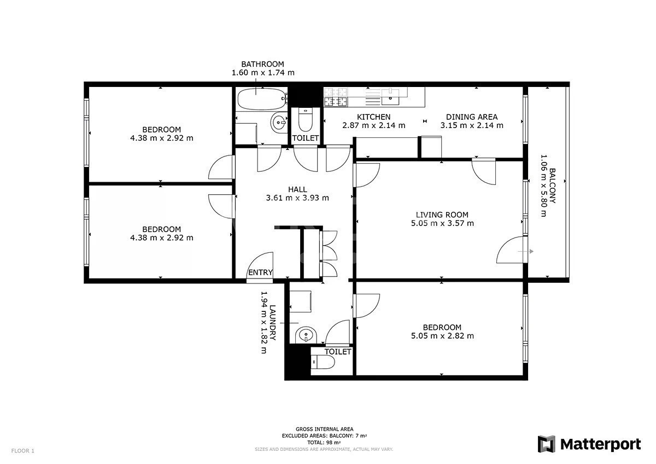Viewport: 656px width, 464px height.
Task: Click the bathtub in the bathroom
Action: pos(261,99)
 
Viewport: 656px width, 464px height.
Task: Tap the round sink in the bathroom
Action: pos(279,122)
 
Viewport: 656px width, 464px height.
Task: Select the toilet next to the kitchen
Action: pos(305,120)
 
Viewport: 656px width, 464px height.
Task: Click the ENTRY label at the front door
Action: pos(260,272)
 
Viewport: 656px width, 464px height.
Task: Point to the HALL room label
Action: pos(297,189)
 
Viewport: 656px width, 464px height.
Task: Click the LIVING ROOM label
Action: pos(442,214)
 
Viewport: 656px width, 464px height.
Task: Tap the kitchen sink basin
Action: pos(390,97)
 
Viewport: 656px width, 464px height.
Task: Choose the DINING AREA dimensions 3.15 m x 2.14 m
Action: pos(472,125)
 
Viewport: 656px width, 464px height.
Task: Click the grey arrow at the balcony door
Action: pos(526,251)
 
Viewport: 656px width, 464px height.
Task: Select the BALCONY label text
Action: pos(552,185)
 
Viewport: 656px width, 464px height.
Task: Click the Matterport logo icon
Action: pos(547,444)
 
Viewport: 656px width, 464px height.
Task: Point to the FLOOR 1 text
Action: pos(23,451)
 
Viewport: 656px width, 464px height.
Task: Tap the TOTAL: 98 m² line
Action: pos(324,443)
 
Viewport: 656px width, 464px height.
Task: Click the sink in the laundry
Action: pos(306,335)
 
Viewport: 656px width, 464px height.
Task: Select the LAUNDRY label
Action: pos(272,323)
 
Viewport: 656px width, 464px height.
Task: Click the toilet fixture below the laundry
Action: pos(323,363)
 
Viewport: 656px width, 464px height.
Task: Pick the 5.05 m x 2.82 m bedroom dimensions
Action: pos(442,336)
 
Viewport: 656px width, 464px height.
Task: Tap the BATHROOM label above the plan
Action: pos(263,64)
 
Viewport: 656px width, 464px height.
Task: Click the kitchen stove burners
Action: pos(336,97)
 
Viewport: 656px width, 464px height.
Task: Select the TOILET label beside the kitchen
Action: pos(306,138)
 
